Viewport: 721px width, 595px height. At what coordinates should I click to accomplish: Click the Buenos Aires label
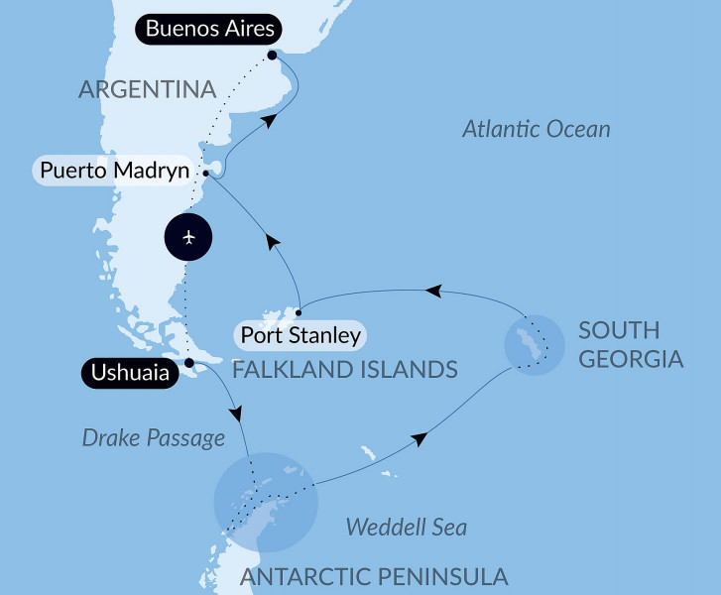click(209, 29)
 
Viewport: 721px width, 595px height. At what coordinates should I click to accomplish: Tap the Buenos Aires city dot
click(272, 56)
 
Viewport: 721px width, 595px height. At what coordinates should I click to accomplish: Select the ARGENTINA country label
click(148, 89)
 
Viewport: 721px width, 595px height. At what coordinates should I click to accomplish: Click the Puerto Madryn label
click(113, 170)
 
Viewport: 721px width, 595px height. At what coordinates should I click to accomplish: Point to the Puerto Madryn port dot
click(205, 174)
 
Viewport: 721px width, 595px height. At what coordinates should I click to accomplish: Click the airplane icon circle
click(189, 238)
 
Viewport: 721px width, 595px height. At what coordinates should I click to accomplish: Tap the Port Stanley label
click(298, 335)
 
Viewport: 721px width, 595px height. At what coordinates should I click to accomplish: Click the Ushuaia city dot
click(189, 362)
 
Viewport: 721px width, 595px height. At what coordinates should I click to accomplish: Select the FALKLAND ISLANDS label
click(344, 370)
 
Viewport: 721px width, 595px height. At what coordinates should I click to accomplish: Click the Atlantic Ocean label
click(537, 129)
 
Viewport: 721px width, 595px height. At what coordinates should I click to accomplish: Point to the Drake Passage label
click(154, 437)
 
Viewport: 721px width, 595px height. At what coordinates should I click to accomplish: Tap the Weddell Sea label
click(406, 527)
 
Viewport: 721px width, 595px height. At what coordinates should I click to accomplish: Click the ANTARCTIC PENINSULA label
click(374, 575)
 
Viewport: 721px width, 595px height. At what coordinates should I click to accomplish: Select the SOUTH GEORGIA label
click(632, 343)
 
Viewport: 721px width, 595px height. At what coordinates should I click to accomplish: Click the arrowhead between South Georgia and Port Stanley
click(433, 291)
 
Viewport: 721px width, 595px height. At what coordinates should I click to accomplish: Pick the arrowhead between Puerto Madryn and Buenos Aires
click(269, 121)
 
